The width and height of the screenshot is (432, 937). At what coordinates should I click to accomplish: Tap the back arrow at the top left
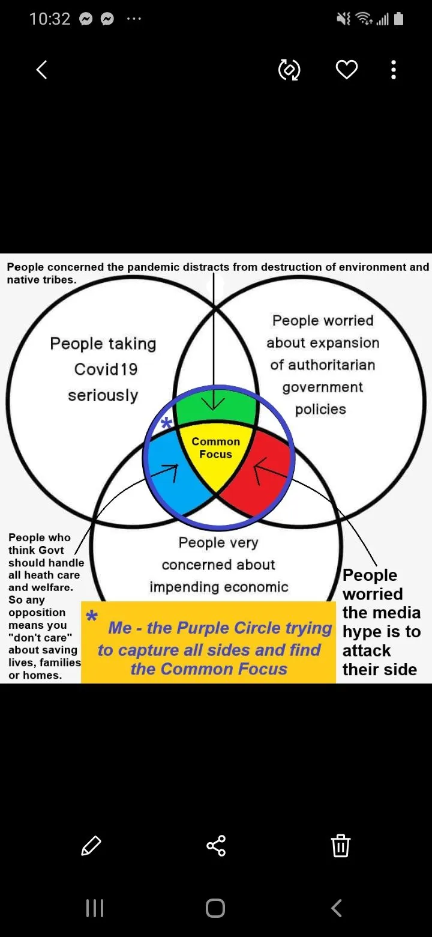[x=41, y=70]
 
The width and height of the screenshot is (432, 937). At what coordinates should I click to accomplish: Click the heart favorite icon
[x=346, y=70]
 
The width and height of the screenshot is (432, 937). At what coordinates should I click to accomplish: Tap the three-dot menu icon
[x=394, y=70]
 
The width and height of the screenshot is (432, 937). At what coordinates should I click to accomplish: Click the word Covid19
[x=106, y=369]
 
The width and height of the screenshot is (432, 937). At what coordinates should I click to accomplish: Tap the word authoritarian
[x=323, y=365]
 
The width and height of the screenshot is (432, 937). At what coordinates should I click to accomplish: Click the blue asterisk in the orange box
[x=92, y=617]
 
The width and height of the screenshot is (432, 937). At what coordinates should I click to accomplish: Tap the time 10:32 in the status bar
[x=50, y=19]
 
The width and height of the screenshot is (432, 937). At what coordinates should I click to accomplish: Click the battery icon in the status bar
[x=399, y=19]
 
